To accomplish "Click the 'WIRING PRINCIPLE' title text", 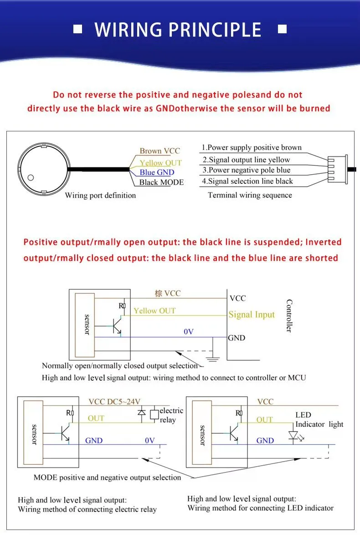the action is pos(178,30).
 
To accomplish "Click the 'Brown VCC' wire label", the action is pos(159,151).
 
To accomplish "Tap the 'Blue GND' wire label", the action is pos(157,172).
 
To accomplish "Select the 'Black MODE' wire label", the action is pos(161,182).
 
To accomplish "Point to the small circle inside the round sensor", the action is pos(31,177).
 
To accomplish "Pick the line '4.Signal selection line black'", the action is pos(247,181).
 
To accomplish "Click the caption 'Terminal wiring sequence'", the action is pos(250,195).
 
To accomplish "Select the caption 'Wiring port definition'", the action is pos(100,196).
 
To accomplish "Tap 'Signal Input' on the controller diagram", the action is pos(252,315).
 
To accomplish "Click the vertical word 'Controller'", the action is pos(289,316).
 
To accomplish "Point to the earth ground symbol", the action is pos(213,358).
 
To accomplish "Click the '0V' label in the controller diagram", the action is pos(189,332).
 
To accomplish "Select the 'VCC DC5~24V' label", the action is pos(114,401).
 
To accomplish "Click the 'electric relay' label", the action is pos(171,415).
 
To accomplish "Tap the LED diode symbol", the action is pos(294,436).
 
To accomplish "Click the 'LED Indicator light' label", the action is pos(319,420).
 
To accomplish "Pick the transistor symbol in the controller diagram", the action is pos(117,326).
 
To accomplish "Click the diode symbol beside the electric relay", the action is pos(141,412).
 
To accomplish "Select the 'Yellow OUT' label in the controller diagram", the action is pos(155,311).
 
